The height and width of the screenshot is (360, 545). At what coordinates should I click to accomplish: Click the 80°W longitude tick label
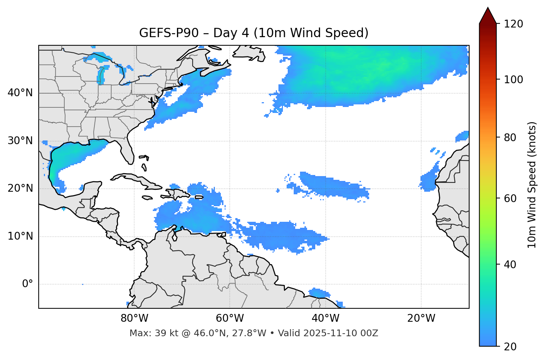pyautogui.click(x=134, y=318)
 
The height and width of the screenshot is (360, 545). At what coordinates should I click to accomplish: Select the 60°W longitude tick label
pyautogui.click(x=230, y=318)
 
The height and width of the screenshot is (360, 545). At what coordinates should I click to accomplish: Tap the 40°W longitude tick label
pyautogui.click(x=325, y=318)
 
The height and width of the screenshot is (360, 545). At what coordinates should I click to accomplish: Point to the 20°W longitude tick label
pyautogui.click(x=421, y=318)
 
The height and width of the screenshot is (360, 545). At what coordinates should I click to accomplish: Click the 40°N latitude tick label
pyautogui.click(x=20, y=93)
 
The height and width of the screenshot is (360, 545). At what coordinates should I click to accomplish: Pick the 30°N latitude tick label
pyautogui.click(x=20, y=141)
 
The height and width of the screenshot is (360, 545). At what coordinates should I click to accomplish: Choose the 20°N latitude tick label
pyautogui.click(x=20, y=188)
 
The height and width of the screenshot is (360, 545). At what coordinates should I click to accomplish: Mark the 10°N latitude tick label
pyautogui.click(x=20, y=236)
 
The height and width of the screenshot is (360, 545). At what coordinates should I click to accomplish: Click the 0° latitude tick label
pyautogui.click(x=28, y=284)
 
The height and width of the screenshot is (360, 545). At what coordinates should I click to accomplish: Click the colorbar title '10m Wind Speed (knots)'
pyautogui.click(x=532, y=185)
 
